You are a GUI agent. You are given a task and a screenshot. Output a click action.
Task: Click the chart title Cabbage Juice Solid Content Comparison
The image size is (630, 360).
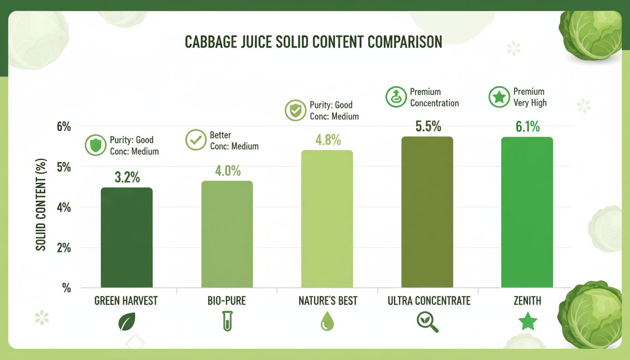point(313,42)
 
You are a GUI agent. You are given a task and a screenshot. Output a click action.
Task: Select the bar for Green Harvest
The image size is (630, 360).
point(127,237)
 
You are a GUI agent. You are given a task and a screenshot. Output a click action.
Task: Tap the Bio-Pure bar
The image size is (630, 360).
point(227,234)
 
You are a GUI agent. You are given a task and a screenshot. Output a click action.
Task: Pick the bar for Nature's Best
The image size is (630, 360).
point(327,218)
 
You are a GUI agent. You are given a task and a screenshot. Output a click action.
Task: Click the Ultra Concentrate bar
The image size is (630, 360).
point(427,212)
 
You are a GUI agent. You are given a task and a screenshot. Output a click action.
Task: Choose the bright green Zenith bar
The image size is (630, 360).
point(527,212)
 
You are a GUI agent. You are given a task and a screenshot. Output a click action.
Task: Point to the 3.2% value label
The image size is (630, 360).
point(127,177)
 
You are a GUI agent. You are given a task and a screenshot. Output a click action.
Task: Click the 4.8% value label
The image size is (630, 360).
point(327,140)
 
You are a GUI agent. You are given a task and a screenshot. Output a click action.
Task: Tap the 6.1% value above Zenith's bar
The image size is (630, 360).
point(527,127)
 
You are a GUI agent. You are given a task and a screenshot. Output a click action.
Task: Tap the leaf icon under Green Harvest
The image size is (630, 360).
point(127,322)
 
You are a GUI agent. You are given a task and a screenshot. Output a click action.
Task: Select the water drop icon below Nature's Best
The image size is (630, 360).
point(327,322)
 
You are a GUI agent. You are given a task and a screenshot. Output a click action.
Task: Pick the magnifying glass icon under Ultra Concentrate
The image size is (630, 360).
point(427,322)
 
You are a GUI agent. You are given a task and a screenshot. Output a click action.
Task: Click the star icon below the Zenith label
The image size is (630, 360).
point(527,322)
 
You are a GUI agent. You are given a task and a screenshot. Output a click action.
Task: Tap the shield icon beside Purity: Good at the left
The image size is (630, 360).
point(95,145)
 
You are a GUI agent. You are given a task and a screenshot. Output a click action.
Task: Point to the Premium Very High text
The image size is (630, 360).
point(530,97)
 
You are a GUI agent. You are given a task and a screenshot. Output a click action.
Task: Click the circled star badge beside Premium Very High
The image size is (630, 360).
point(499,97)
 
